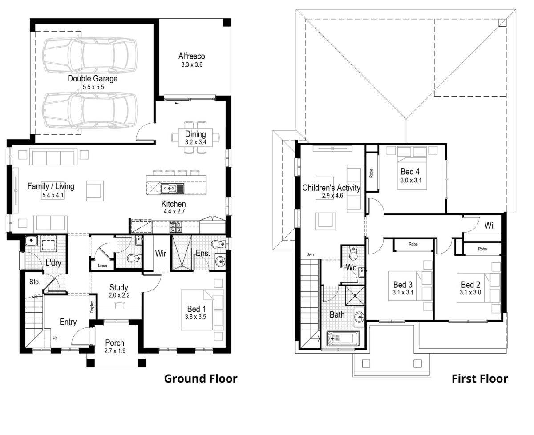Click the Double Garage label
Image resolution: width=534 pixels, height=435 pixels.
(93, 79)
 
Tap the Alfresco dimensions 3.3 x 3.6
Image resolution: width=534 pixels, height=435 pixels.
(191, 64)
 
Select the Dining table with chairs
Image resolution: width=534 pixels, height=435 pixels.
(196, 138)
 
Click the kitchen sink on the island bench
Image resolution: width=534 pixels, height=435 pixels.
(173, 189)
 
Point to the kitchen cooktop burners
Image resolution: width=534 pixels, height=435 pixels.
(175, 227)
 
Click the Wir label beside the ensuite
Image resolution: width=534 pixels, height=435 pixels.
(161, 254)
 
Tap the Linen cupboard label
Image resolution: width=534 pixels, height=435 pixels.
(101, 266)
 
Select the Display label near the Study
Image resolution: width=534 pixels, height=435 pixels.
(93, 307)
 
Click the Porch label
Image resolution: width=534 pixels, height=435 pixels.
(115, 343)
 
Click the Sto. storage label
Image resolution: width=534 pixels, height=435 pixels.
(35, 282)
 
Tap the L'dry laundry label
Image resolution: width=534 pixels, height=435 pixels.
(53, 263)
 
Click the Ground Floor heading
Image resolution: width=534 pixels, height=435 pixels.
(201, 379)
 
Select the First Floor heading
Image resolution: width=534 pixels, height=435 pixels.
(479, 379)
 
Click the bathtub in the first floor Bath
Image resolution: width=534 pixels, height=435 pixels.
(343, 340)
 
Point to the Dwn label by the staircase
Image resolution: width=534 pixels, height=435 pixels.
(310, 254)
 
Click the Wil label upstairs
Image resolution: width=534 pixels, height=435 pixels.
(489, 226)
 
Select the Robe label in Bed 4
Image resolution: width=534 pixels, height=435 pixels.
(372, 173)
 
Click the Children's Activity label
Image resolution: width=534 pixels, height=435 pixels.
(331, 188)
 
